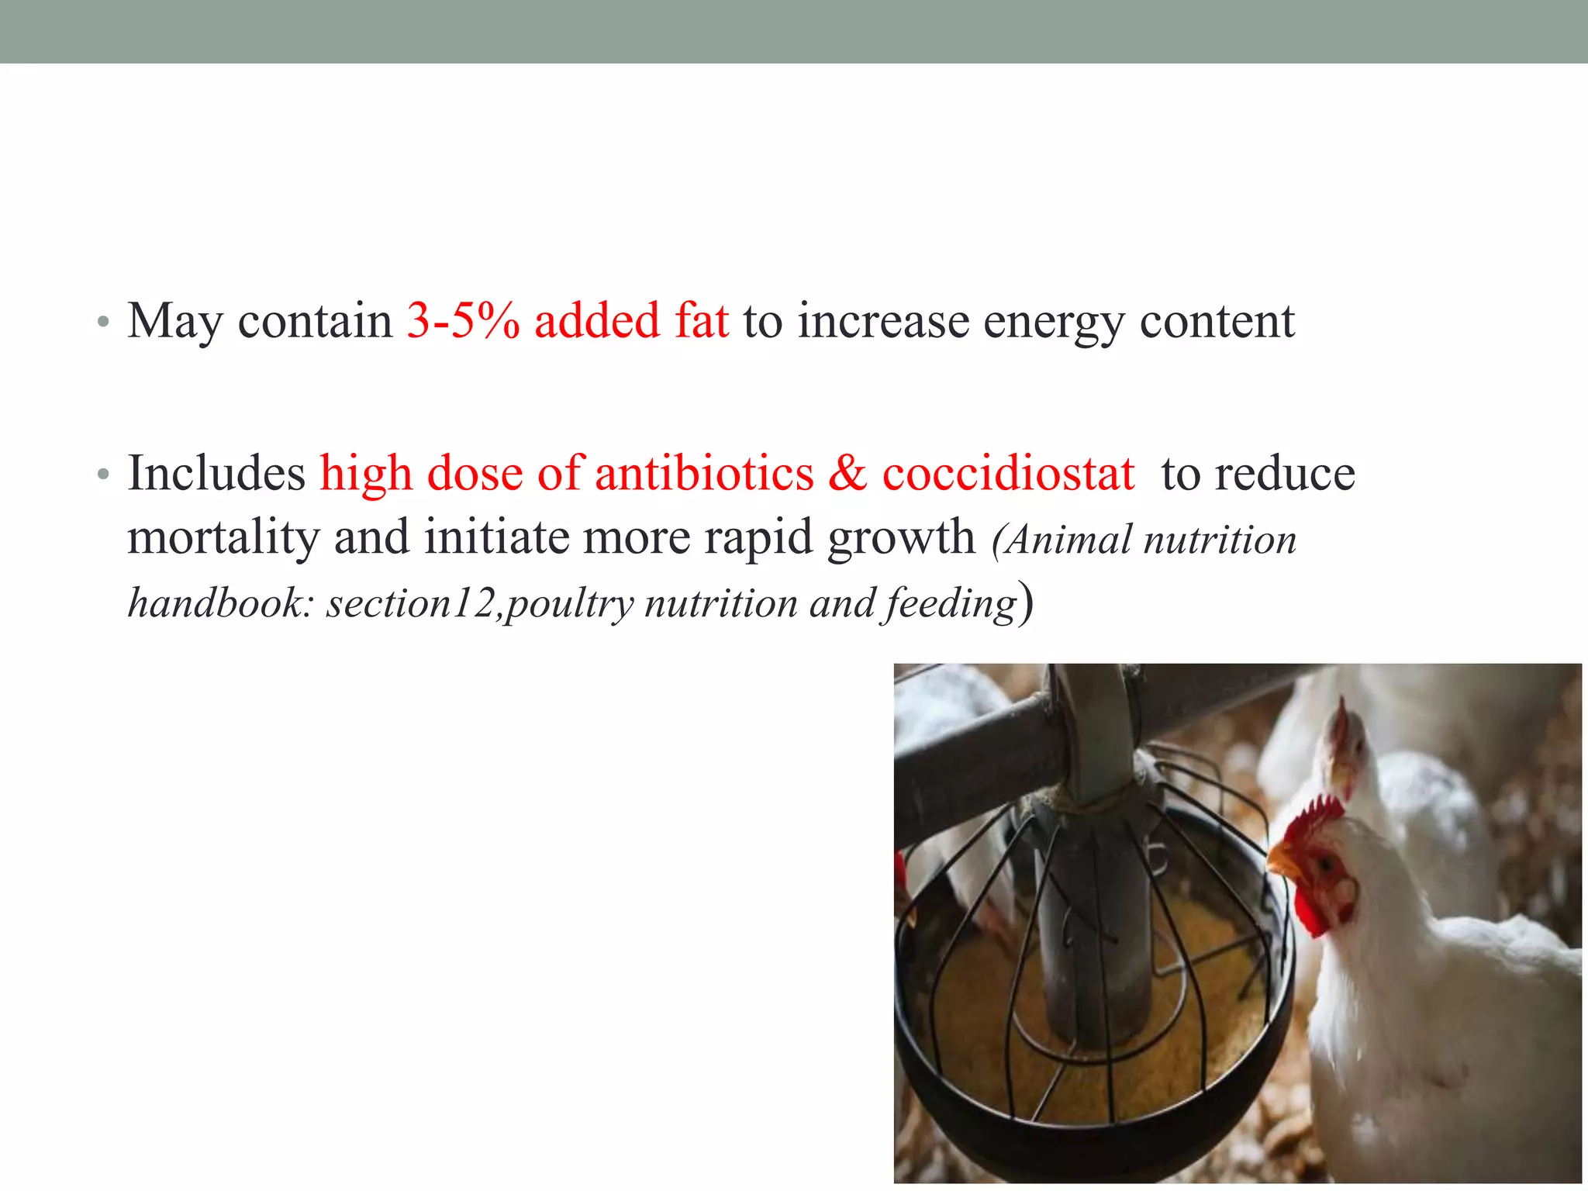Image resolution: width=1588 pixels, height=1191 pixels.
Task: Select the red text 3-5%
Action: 463,320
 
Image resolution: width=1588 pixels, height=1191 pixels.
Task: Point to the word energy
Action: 1053,322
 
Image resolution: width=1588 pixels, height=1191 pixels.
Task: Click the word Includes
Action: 216,473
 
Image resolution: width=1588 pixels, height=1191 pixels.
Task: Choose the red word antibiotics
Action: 704,473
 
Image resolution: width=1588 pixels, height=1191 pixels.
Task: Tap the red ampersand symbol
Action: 847,473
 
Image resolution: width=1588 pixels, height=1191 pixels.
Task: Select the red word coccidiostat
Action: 1008,473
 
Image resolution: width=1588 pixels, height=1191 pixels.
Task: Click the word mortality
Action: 223,537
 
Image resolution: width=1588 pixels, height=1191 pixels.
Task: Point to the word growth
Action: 901,537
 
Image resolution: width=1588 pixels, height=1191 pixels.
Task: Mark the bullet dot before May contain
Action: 103,322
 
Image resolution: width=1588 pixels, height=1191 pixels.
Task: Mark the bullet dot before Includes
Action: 103,475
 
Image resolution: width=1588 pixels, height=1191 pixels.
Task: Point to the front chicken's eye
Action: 1327,861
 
